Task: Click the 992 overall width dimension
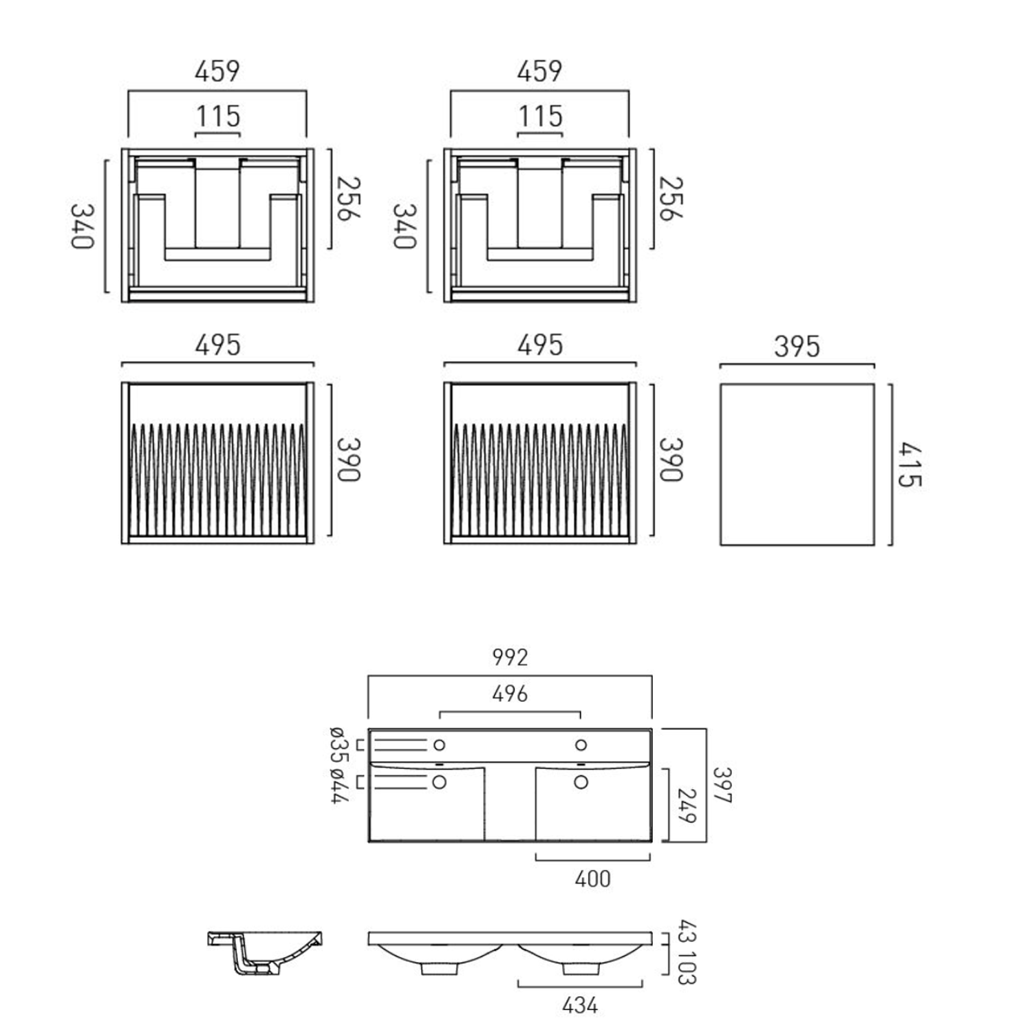pyautogui.click(x=510, y=657)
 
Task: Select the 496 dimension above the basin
pyautogui.click(x=510, y=694)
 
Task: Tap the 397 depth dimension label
pyautogui.click(x=722, y=785)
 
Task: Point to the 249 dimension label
pyautogui.click(x=687, y=806)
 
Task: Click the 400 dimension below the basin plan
pyautogui.click(x=592, y=879)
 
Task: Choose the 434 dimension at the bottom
pyautogui.click(x=579, y=1005)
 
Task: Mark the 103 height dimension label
pyautogui.click(x=687, y=967)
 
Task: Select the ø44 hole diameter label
pyautogui.click(x=338, y=786)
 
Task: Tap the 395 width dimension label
pyautogui.click(x=797, y=346)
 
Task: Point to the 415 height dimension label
pyautogui.click(x=909, y=465)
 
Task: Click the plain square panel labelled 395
pyautogui.click(x=797, y=465)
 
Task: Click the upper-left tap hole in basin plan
pyautogui.click(x=439, y=745)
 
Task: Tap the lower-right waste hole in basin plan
pyautogui.click(x=581, y=782)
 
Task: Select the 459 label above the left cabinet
pyautogui.click(x=217, y=71)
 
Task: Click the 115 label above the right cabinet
pyautogui.click(x=540, y=116)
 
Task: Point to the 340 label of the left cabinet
pyautogui.click(x=82, y=226)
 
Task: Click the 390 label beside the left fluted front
pyautogui.click(x=348, y=460)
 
